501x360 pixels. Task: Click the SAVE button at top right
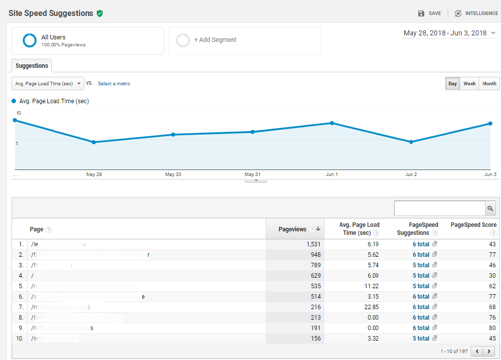429,13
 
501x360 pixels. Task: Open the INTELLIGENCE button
476,13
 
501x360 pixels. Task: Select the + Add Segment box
244,40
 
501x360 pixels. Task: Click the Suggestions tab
31,66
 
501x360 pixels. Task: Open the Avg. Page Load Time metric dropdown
48,84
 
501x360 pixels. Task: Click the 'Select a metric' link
114,84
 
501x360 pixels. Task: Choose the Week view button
469,84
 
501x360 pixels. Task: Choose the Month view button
489,84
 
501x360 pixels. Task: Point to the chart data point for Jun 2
411,142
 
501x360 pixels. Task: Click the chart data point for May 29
94,142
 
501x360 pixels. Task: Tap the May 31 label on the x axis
252,175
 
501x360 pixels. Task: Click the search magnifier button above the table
491,208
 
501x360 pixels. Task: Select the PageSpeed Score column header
473,225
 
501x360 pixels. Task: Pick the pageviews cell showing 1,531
309,244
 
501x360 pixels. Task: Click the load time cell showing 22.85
369,307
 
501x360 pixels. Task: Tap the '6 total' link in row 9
421,328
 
